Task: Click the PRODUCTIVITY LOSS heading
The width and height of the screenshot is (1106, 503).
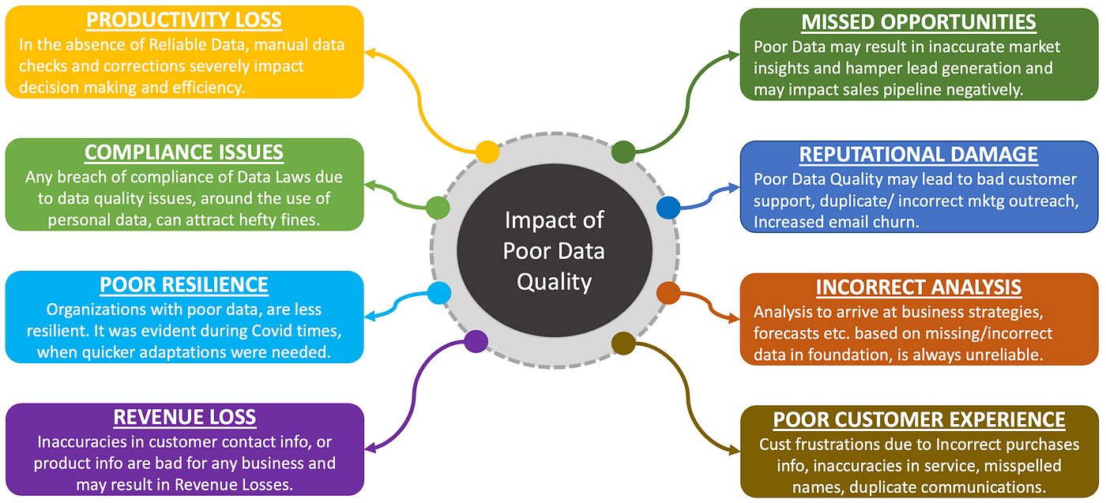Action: click(184, 20)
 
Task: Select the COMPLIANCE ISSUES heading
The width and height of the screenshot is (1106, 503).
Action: click(184, 152)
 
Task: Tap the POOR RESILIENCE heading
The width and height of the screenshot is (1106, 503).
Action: click(184, 284)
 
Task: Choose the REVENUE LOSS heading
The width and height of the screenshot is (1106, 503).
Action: click(184, 417)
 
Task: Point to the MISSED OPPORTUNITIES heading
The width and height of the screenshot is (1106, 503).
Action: click(919, 21)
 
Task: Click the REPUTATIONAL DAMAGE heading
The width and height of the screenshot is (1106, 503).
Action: click(919, 154)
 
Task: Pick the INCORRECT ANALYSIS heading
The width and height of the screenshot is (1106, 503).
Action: click(919, 287)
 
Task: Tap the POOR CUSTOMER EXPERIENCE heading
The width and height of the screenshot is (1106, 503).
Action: click(919, 419)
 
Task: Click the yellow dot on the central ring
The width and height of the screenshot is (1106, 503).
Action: click(487, 152)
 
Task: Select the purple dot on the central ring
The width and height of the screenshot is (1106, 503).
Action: click(476, 341)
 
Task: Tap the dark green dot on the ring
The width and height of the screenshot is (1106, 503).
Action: click(623, 152)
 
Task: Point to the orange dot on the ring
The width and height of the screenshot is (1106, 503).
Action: click(668, 293)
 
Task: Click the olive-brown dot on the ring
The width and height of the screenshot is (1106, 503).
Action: click(623, 342)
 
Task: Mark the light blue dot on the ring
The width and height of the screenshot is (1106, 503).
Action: click(438, 293)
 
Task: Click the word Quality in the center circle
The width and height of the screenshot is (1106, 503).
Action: click(554, 281)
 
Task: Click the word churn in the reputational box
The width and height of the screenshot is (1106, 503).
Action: click(893, 223)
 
